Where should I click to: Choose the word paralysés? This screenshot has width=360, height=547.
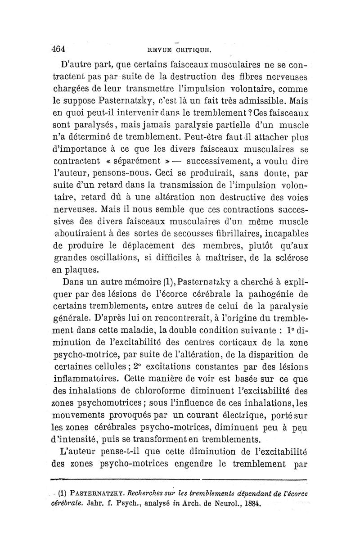(x=90, y=123)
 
